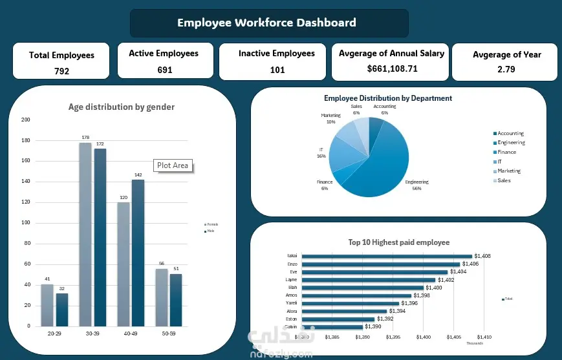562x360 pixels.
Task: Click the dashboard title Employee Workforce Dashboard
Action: pos(266,23)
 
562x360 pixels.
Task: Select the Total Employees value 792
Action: pos(61,71)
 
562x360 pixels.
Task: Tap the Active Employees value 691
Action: pos(165,70)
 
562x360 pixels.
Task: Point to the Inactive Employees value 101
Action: pos(277,70)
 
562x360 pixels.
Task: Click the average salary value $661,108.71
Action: pos(392,69)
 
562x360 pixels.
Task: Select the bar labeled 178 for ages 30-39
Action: pos(85,233)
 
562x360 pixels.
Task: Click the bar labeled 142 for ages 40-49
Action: pos(138,252)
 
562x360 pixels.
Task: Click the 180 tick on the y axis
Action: pos(26,140)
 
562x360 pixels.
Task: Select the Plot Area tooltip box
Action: pos(173,165)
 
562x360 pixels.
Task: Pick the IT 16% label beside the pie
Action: pos(321,153)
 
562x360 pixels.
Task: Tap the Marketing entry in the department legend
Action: pos(508,171)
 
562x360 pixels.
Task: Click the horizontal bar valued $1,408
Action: pos(387,257)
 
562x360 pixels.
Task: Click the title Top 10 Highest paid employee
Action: pos(398,242)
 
